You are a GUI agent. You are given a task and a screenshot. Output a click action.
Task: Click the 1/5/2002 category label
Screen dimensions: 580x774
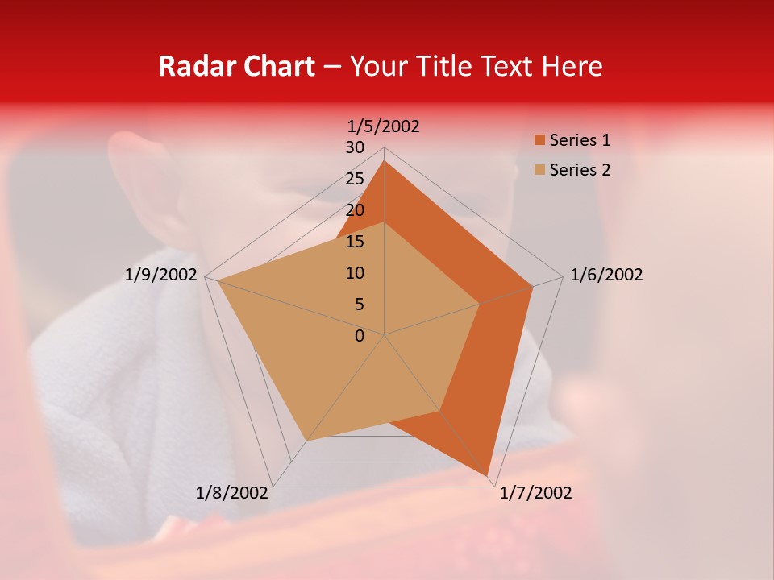pyautogui.click(x=384, y=126)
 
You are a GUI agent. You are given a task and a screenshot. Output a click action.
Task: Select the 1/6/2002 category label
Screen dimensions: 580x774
pyautogui.click(x=606, y=275)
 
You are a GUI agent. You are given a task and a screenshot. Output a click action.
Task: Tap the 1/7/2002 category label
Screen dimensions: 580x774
pyautogui.click(x=535, y=493)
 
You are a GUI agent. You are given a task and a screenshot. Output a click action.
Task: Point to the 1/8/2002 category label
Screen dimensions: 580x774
pyautogui.click(x=232, y=493)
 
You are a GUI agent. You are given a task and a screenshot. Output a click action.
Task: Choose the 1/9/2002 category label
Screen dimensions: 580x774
pyautogui.click(x=161, y=275)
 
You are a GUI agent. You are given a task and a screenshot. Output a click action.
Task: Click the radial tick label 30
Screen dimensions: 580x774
pyautogui.click(x=355, y=147)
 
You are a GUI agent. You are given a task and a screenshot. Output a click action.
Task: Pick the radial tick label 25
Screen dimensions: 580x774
pyautogui.click(x=355, y=179)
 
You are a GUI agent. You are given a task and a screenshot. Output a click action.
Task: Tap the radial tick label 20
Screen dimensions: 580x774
pyautogui.click(x=355, y=210)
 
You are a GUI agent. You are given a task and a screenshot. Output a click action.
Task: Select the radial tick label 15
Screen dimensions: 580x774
pyautogui.click(x=355, y=242)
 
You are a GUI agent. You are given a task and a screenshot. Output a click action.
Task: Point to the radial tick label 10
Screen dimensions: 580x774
pyautogui.click(x=355, y=273)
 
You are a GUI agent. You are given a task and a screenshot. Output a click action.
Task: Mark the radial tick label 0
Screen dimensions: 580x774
pyautogui.click(x=360, y=336)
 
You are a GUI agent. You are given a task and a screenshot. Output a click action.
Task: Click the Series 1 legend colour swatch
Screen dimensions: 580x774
pyautogui.click(x=539, y=140)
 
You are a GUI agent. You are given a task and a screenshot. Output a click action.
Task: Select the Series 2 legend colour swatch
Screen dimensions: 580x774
pyautogui.click(x=539, y=170)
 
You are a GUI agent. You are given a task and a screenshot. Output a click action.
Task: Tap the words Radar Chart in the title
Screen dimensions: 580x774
pyautogui.click(x=236, y=66)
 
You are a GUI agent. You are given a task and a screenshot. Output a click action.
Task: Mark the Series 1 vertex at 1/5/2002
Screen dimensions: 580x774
pyautogui.click(x=385, y=160)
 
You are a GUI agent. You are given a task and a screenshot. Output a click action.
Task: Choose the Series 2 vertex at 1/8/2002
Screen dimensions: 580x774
pyautogui.click(x=306, y=441)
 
